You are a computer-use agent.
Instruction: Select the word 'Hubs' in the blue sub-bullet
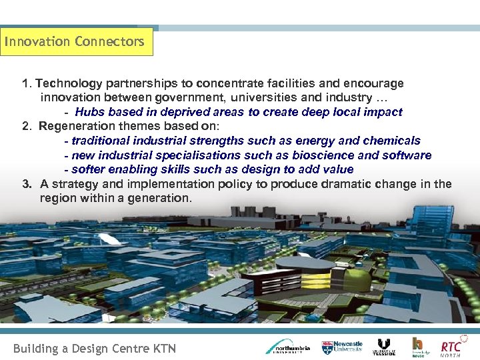tap(89, 112)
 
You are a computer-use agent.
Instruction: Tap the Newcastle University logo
tap(342, 346)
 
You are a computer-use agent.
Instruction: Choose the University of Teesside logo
tap(383, 347)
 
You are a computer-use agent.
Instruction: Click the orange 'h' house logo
tap(418, 346)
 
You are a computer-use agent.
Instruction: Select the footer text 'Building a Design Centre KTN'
tap(95, 348)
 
